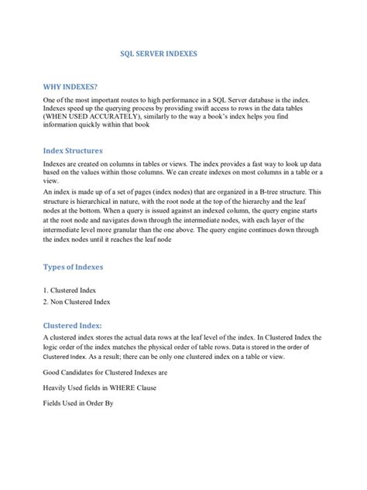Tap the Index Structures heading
83,150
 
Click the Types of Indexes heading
78,267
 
